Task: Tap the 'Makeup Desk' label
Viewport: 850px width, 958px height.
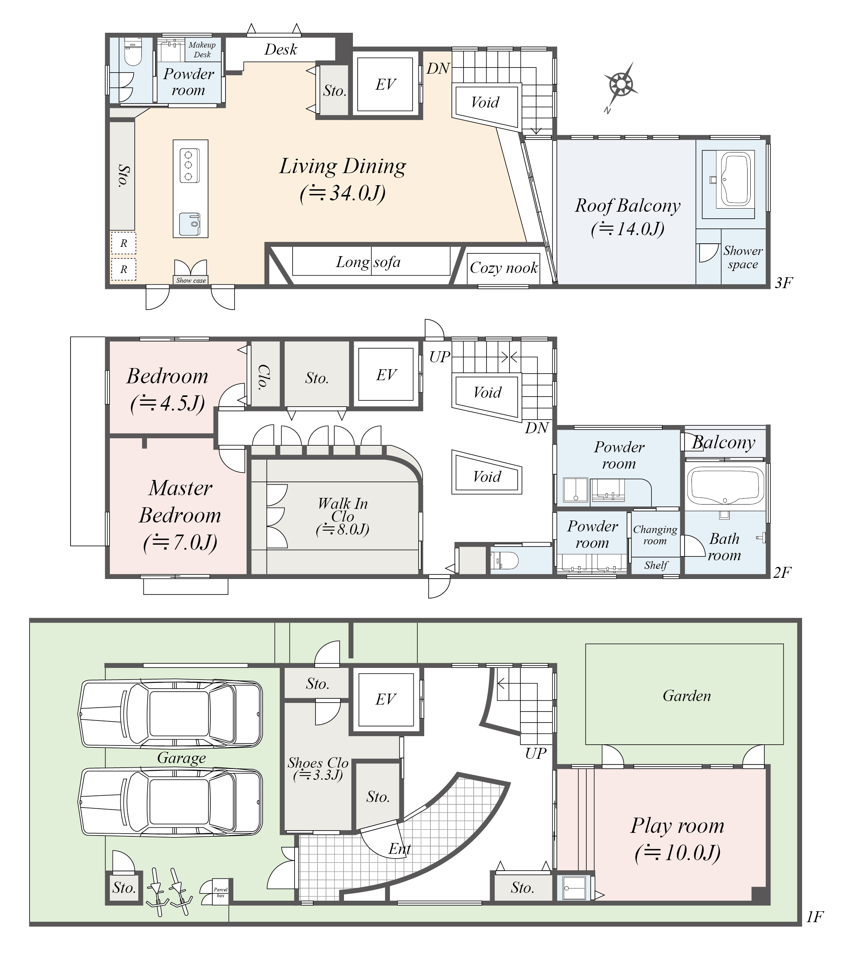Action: tap(202, 50)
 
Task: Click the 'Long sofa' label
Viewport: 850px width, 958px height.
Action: tap(368, 262)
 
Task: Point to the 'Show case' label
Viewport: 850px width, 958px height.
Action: tap(191, 280)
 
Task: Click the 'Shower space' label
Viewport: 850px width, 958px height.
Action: tap(743, 257)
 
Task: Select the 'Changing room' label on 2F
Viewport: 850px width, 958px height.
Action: tap(655, 535)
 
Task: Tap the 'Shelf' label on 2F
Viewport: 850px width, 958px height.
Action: tap(656, 565)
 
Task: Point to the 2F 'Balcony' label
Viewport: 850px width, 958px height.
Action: tap(723, 443)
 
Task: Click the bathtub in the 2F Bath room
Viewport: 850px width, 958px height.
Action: tap(725, 485)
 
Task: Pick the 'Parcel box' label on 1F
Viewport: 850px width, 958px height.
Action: tap(220, 892)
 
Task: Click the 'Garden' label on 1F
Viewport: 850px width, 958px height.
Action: tap(686, 696)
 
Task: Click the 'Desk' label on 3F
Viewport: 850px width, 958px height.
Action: tap(280, 50)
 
